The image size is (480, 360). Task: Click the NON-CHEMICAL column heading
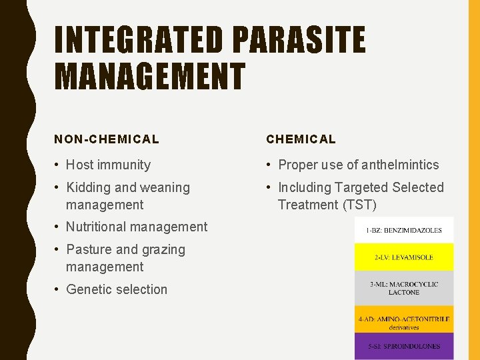click(x=107, y=139)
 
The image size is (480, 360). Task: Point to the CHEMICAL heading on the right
click(x=301, y=139)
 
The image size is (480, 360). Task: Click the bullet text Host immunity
click(x=108, y=165)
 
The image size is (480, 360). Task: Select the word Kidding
click(x=89, y=188)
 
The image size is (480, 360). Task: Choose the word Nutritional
click(x=98, y=227)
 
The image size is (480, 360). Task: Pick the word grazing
click(x=163, y=249)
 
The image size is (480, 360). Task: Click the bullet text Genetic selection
click(x=117, y=289)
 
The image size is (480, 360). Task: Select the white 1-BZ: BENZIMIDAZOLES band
click(x=404, y=230)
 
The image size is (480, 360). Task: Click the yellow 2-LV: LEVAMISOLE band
click(x=404, y=257)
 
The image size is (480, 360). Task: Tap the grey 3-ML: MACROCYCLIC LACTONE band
click(x=404, y=288)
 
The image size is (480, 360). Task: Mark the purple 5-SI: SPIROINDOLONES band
click(x=404, y=347)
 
